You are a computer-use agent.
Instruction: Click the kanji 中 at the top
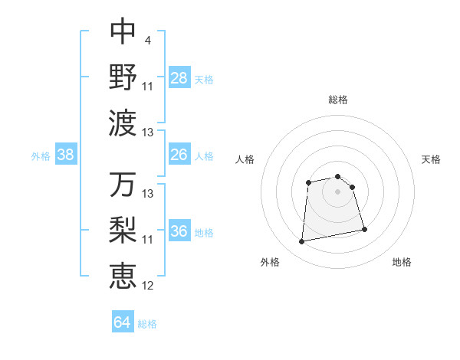[123, 31]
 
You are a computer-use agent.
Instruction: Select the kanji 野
[123, 77]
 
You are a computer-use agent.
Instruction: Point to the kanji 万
[123, 185]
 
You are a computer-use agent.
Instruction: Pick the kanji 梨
[123, 231]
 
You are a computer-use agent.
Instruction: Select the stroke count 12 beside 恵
[148, 286]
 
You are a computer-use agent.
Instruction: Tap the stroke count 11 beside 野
[148, 86]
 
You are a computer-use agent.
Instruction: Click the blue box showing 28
[179, 77]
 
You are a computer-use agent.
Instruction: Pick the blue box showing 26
[179, 155]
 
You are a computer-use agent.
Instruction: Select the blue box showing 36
[179, 231]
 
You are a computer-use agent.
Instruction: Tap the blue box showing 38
[66, 155]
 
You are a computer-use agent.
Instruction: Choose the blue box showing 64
[123, 322]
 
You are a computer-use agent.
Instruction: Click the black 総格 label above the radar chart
[338, 100]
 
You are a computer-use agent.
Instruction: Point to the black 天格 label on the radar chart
[432, 159]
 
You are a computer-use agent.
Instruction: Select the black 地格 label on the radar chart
[402, 262]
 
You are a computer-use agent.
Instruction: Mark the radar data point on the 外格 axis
[302, 242]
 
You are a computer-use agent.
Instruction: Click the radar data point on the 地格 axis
[364, 229]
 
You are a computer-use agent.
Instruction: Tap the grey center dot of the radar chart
[337, 191]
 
